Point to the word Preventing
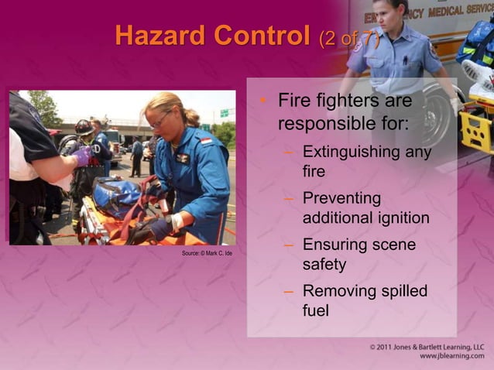342,198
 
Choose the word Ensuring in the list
337,245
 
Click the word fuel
316,311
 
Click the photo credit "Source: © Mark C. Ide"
207,254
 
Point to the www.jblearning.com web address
451,358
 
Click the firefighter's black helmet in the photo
84,127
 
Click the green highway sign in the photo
224,113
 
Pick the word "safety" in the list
324,265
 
